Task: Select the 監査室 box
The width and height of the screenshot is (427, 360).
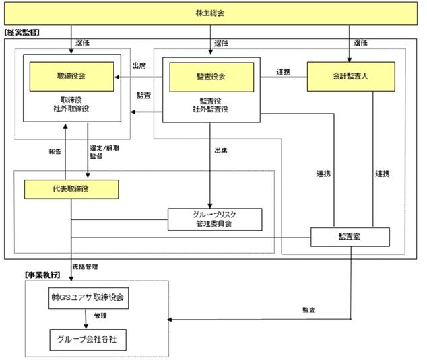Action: point(350,237)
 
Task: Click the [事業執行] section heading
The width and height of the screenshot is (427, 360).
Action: point(42,275)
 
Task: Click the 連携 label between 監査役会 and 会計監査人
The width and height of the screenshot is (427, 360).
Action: point(283,71)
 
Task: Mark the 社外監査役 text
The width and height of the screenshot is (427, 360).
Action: point(211,109)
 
